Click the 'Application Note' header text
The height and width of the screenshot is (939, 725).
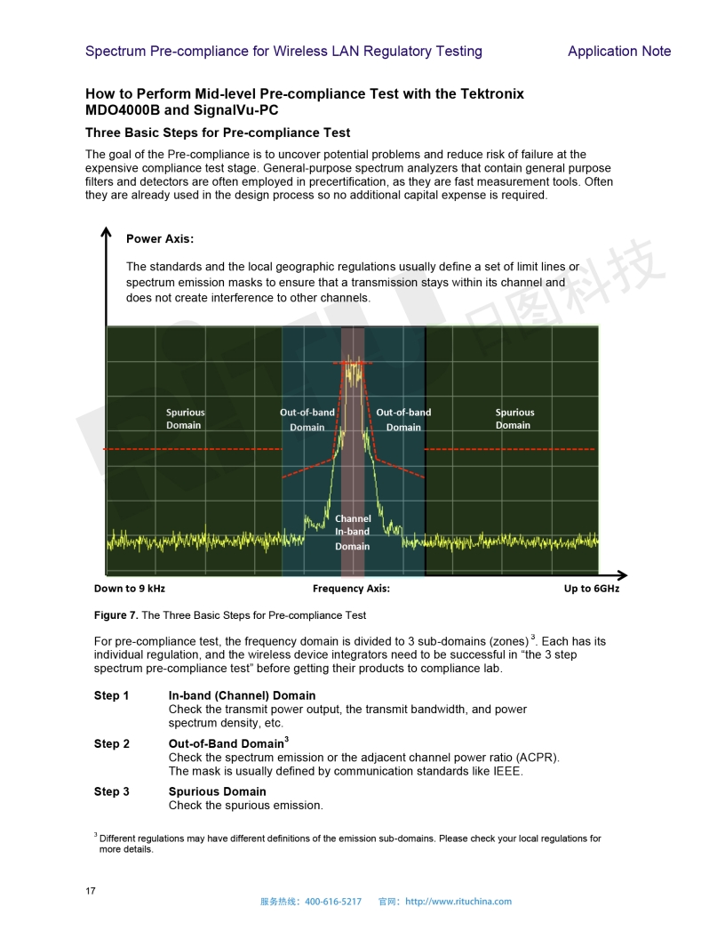pos(619,52)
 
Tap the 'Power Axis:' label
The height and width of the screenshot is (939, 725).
pos(160,239)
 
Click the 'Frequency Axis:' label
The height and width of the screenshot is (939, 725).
pos(351,589)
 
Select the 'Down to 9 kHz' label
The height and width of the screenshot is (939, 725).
pos(130,589)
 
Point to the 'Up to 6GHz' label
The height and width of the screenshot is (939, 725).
pos(592,589)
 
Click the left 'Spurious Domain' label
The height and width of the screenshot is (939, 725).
pos(185,419)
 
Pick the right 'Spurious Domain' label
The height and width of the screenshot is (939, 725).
pos(514,419)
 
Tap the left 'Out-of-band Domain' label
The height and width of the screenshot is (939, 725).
pos(307,420)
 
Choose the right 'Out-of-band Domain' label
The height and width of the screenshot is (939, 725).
pos(403,420)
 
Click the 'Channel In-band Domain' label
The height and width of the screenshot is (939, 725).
pos(353,532)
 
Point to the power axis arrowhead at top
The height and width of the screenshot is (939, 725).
pos(106,233)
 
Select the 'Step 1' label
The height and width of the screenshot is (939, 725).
pos(112,695)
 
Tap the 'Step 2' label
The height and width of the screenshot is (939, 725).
pos(112,743)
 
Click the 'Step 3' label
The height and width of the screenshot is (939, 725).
pos(112,791)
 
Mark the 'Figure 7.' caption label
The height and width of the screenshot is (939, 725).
pos(116,615)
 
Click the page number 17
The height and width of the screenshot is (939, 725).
pos(91,891)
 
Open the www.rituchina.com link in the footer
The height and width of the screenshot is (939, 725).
pos(458,902)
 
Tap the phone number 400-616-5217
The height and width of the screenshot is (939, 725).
pos(333,902)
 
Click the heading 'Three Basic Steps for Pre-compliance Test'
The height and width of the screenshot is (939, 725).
pos(218,133)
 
